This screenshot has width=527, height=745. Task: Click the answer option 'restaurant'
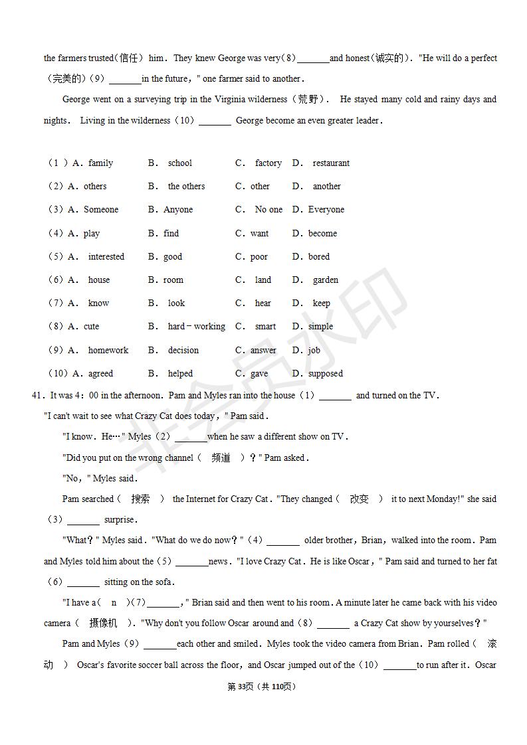pyautogui.click(x=330, y=163)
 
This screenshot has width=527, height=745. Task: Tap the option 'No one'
pyautogui.click(x=268, y=210)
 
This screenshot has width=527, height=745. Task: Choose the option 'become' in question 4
pyautogui.click(x=322, y=234)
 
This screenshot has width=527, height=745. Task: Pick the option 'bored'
pyautogui.click(x=319, y=257)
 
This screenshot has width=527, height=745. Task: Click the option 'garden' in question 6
pyautogui.click(x=326, y=280)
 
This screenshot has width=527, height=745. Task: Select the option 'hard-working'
pyautogui.click(x=196, y=327)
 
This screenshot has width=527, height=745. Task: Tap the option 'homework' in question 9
pyautogui.click(x=108, y=351)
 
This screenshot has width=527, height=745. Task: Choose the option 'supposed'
pyautogui.click(x=326, y=374)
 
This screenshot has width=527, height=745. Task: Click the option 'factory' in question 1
pyautogui.click(x=268, y=163)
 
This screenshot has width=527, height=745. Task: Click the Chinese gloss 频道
pyautogui.click(x=221, y=458)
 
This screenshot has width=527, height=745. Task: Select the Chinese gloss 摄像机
pyautogui.click(x=103, y=623)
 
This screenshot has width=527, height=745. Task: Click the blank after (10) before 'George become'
pyautogui.click(x=215, y=122)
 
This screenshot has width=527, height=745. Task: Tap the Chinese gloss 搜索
pyautogui.click(x=140, y=499)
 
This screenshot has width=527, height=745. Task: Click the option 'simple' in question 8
pyautogui.click(x=320, y=327)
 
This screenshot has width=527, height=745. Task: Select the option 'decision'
pyautogui.click(x=183, y=351)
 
